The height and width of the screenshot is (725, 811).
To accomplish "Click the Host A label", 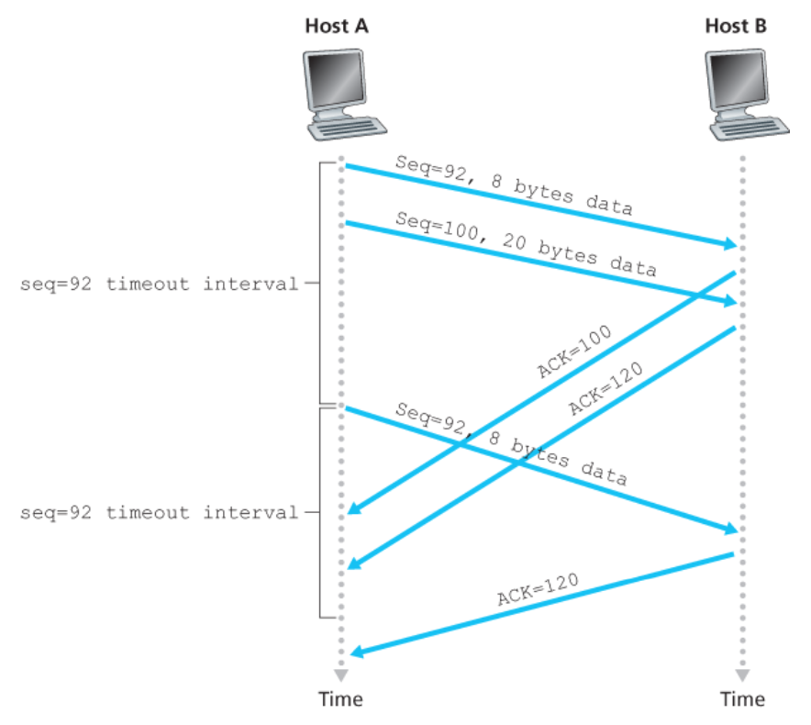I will coord(337,26).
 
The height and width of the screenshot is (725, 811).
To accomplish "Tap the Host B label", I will coord(736,26).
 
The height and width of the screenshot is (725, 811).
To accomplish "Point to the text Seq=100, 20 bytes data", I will coord(526,243).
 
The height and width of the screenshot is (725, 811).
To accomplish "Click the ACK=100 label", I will coord(573,351).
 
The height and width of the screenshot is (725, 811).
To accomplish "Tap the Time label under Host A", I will coord(340,699).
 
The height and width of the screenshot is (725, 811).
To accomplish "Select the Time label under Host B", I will coord(741,699).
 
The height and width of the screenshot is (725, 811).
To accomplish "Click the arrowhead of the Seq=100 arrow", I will coord(731,301).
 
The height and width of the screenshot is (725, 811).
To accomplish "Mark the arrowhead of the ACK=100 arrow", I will coord(352,509).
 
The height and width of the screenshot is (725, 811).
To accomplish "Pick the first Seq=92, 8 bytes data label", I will coord(514,184).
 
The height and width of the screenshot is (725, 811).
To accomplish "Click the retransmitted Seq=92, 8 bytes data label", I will coord(511,443).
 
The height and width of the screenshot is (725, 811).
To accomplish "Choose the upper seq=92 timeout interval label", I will coord(159,284).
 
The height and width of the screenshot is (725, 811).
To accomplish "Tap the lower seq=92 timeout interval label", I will coord(159,512).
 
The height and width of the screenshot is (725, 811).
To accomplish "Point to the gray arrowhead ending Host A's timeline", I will coord(341,675).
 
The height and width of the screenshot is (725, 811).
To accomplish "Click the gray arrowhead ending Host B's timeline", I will coord(741,675).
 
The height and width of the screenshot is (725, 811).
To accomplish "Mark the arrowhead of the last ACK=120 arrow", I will coord(356,652).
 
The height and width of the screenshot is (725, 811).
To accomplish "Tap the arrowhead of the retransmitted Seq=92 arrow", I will coord(731,530).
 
